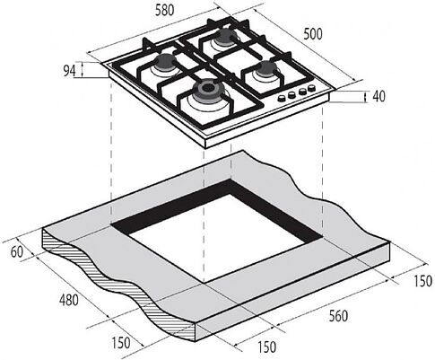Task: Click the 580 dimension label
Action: pos(164,11)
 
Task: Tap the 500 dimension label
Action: pos(313,34)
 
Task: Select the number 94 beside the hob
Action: pos(69,71)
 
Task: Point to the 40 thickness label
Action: pos(379,96)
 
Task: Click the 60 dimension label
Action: pos(17,252)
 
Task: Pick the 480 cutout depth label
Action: pos(69,300)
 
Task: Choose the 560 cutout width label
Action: pos(338,316)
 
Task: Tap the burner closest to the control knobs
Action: pos(265,70)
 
